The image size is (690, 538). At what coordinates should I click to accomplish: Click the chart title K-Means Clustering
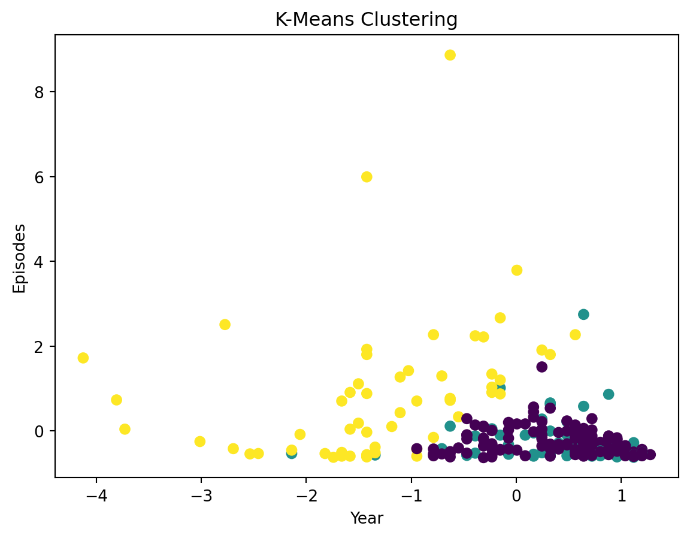(x=366, y=20)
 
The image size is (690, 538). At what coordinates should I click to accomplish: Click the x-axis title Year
(x=367, y=518)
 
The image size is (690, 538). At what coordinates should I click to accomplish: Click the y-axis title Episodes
(x=20, y=258)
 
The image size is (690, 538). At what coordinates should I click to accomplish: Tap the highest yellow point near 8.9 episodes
(x=450, y=55)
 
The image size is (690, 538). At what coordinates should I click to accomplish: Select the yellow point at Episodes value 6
(x=367, y=177)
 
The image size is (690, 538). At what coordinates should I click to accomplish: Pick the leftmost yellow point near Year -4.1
(x=83, y=358)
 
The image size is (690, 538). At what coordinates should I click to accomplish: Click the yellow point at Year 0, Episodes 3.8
(x=516, y=270)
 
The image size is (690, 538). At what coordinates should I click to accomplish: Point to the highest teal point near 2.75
(x=583, y=315)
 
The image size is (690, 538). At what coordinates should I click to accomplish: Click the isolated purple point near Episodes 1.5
(x=541, y=367)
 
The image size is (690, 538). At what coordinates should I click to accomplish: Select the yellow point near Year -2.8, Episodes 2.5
(x=225, y=325)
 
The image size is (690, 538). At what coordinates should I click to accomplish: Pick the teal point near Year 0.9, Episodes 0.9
(x=609, y=394)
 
